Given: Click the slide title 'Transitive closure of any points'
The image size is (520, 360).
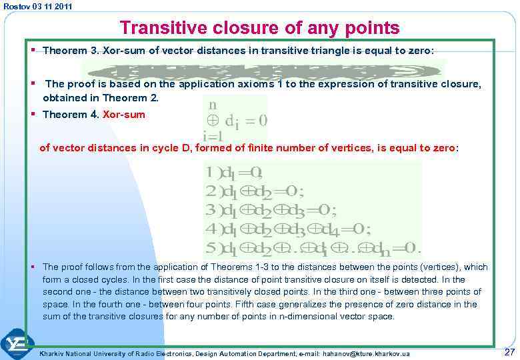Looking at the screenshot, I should pos(259,28).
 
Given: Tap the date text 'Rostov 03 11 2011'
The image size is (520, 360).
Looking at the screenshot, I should pos(38,6).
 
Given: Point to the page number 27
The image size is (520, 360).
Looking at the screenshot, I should pos(509,352).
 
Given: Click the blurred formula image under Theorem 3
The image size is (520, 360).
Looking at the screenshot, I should pos(264,71).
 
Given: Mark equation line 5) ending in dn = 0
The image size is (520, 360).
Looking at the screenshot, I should pos(313,249).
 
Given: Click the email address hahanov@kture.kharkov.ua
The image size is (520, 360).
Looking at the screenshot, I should pos(367,353).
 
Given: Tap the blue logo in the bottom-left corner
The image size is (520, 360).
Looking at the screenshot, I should pos(17,344).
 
